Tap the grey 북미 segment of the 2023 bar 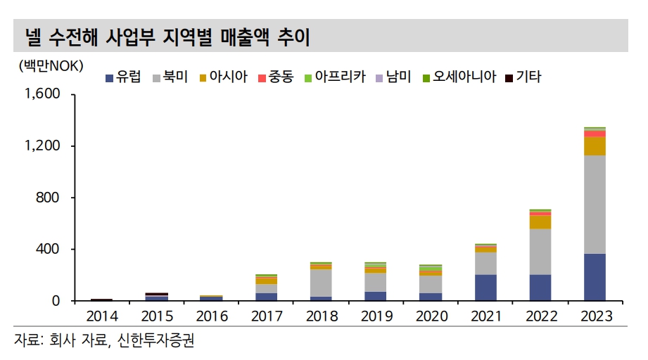pos(595,204)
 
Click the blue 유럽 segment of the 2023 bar pos(595,278)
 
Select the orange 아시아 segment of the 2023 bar pos(595,146)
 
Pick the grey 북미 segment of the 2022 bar pos(540,252)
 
